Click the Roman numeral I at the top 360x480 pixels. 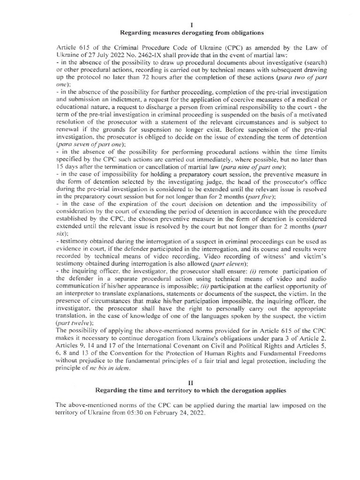coord(180,24)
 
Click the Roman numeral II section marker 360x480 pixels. coord(180,382)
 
